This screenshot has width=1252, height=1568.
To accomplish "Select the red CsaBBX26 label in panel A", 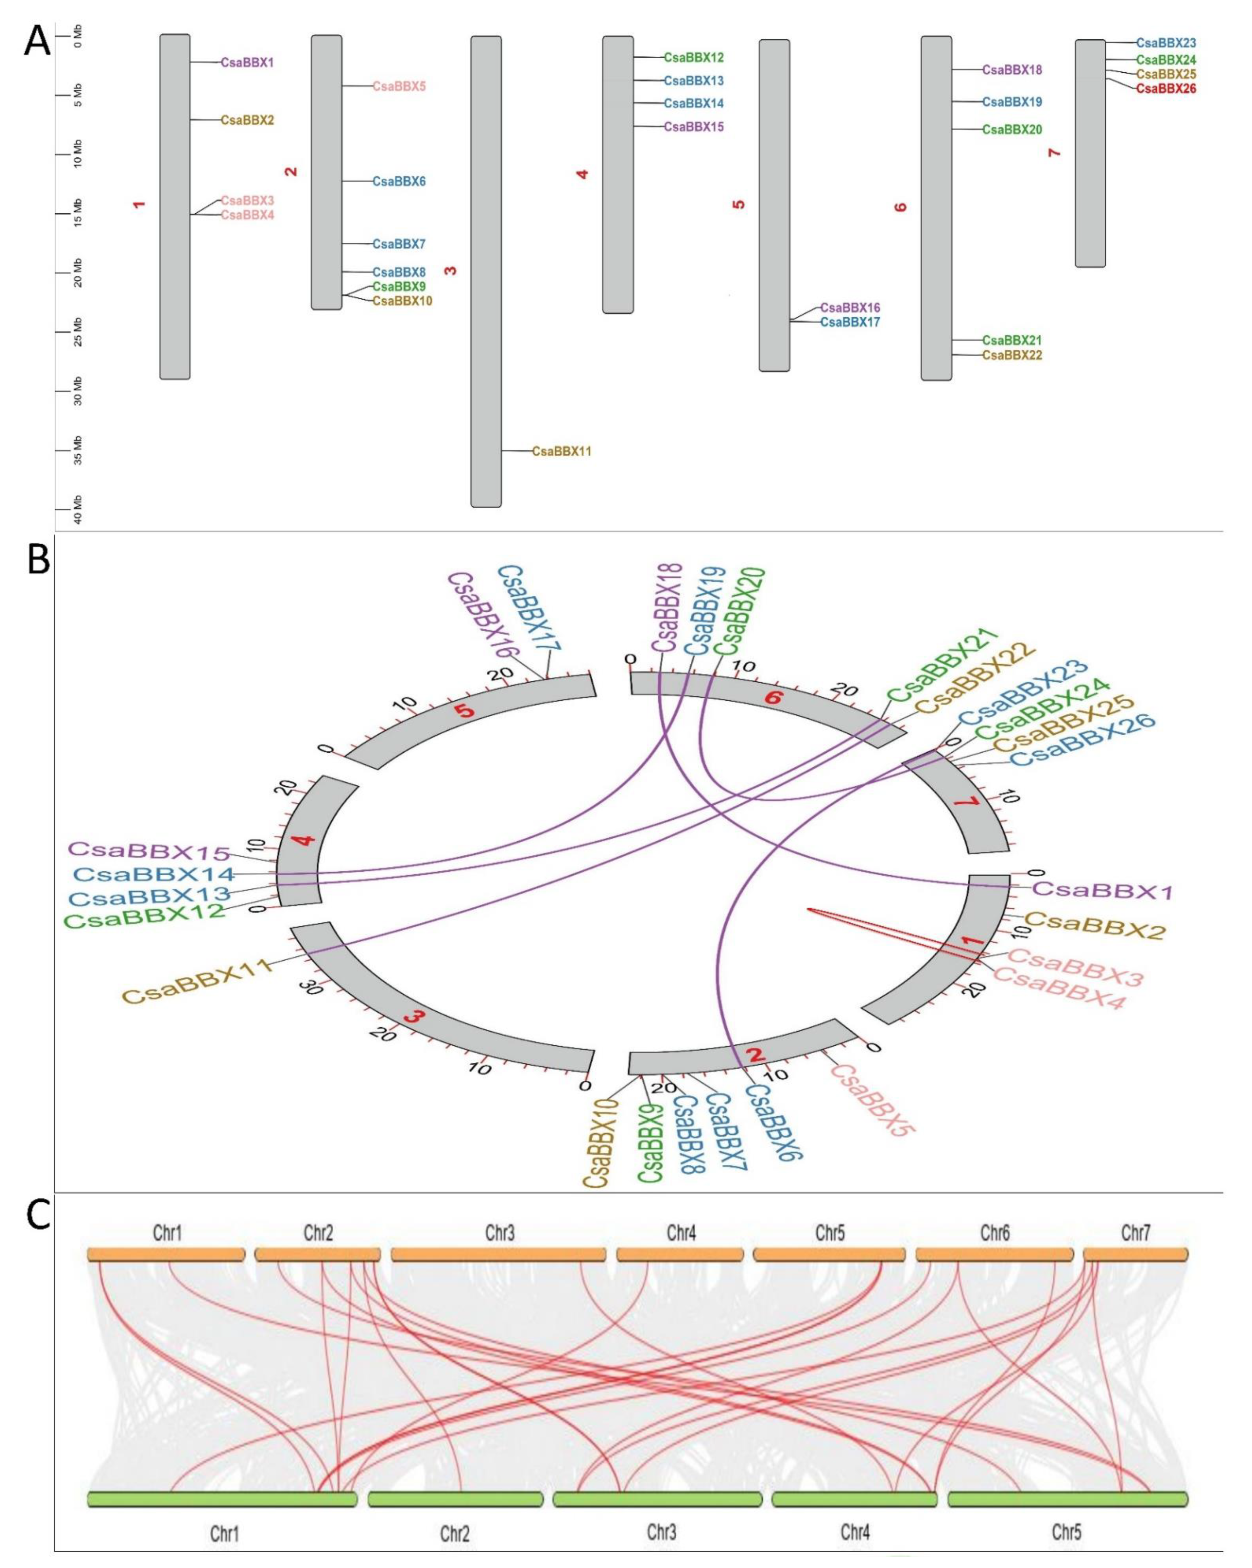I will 1166,89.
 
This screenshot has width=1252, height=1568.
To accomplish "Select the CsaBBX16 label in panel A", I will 850,308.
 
